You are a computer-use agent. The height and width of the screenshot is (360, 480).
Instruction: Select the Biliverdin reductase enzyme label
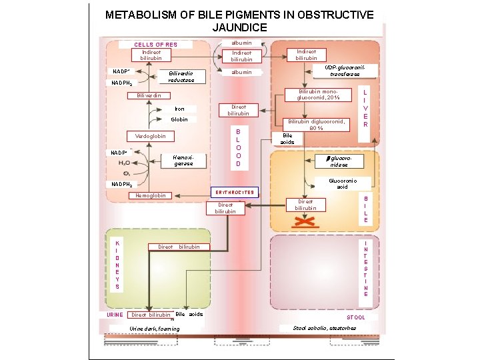(181, 77)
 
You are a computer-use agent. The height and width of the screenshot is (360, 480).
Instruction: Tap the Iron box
(179, 109)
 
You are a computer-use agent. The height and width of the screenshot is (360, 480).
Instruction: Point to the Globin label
(179, 119)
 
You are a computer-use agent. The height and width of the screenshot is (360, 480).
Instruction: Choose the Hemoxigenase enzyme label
(183, 159)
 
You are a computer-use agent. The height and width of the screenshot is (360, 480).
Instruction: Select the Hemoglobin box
(151, 195)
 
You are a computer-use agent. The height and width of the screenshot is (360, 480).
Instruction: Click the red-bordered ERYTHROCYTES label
(234, 192)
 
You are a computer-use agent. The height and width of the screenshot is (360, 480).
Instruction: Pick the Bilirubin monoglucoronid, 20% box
(319, 95)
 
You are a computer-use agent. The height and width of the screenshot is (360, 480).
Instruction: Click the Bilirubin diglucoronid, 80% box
(316, 125)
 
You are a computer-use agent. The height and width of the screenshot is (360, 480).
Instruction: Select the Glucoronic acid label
(343, 183)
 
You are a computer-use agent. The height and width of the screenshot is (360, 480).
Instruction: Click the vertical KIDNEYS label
(117, 265)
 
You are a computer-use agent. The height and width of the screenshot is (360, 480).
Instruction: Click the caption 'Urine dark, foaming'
(154, 329)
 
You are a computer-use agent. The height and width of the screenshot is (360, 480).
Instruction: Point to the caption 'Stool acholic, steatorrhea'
(325, 328)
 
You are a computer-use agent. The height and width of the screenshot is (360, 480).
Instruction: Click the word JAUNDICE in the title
(239, 27)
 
